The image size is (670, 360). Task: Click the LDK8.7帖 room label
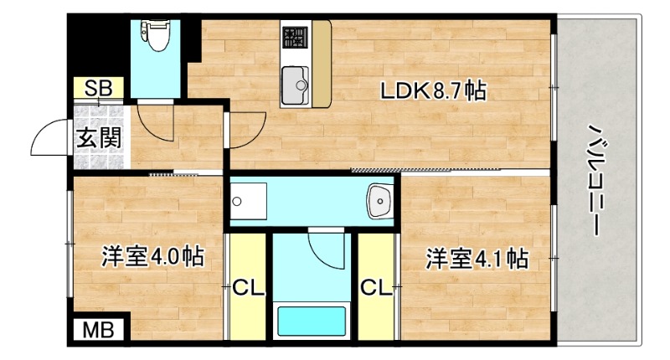pyautogui.click(x=434, y=91)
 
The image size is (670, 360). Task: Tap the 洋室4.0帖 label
pyautogui.click(x=153, y=257)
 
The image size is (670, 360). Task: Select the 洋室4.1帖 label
pyautogui.click(x=476, y=259)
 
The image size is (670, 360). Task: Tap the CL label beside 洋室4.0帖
pyautogui.click(x=248, y=289)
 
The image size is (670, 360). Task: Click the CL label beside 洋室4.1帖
pyautogui.click(x=377, y=289)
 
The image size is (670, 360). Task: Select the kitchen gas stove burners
pyautogui.click(x=294, y=38)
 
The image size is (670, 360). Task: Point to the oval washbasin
pyautogui.click(x=380, y=201)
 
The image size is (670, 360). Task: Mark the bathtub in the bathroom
pyautogui.click(x=312, y=322)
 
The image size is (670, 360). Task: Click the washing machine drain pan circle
pyautogui.click(x=238, y=201)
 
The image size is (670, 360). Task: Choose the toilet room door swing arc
pyautogui.click(x=152, y=121)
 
